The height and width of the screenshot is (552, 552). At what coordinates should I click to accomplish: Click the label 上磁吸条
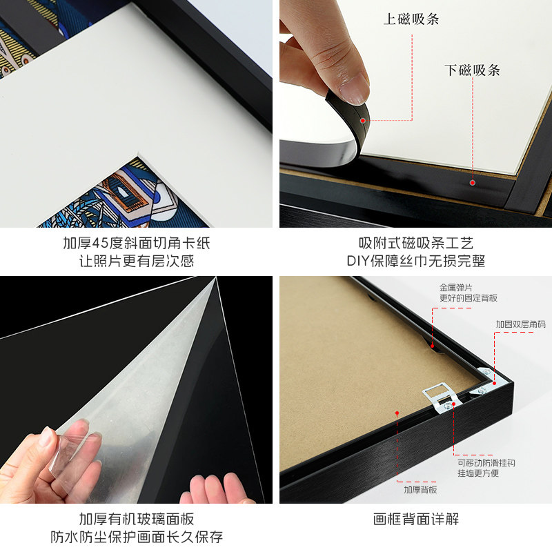412,19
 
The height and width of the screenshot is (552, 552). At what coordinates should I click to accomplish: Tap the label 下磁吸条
472,70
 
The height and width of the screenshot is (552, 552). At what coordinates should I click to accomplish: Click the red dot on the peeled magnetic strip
362,120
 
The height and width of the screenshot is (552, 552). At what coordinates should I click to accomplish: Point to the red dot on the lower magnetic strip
472,182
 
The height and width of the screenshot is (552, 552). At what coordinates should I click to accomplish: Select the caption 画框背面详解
415,520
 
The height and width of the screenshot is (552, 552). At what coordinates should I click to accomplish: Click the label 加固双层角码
520,324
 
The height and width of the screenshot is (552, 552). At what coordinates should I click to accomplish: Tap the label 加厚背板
420,489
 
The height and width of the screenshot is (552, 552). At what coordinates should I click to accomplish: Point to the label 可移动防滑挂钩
486,463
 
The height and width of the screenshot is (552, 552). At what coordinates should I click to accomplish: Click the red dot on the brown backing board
397,413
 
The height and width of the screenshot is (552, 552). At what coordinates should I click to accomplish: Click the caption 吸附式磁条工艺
415,244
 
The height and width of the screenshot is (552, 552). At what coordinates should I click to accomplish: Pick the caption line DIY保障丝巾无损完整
415,262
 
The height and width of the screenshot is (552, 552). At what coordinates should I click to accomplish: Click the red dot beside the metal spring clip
433,343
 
